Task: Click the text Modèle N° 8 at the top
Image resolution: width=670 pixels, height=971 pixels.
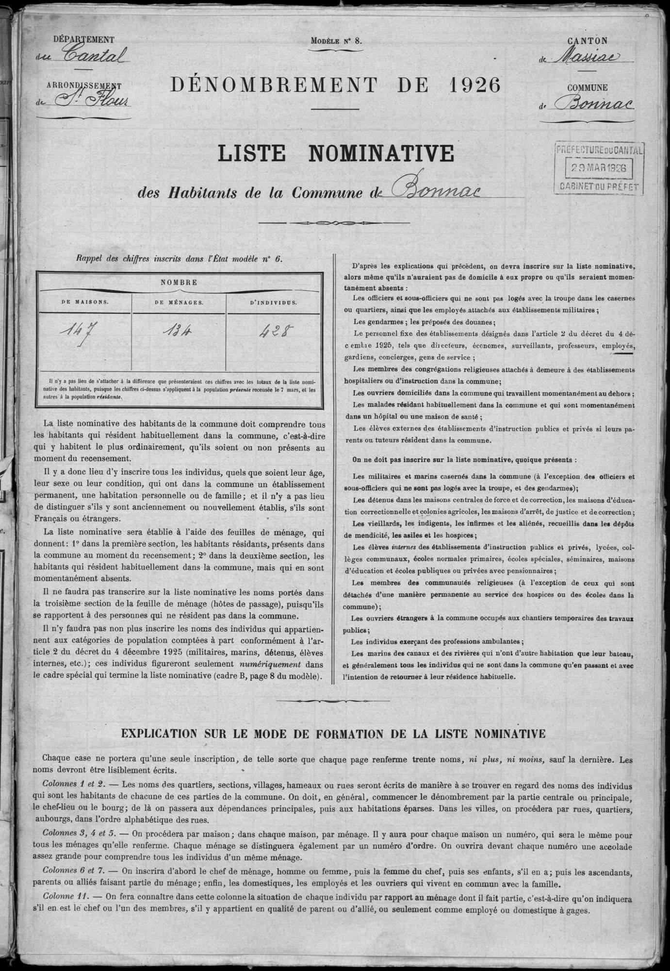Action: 336,41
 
